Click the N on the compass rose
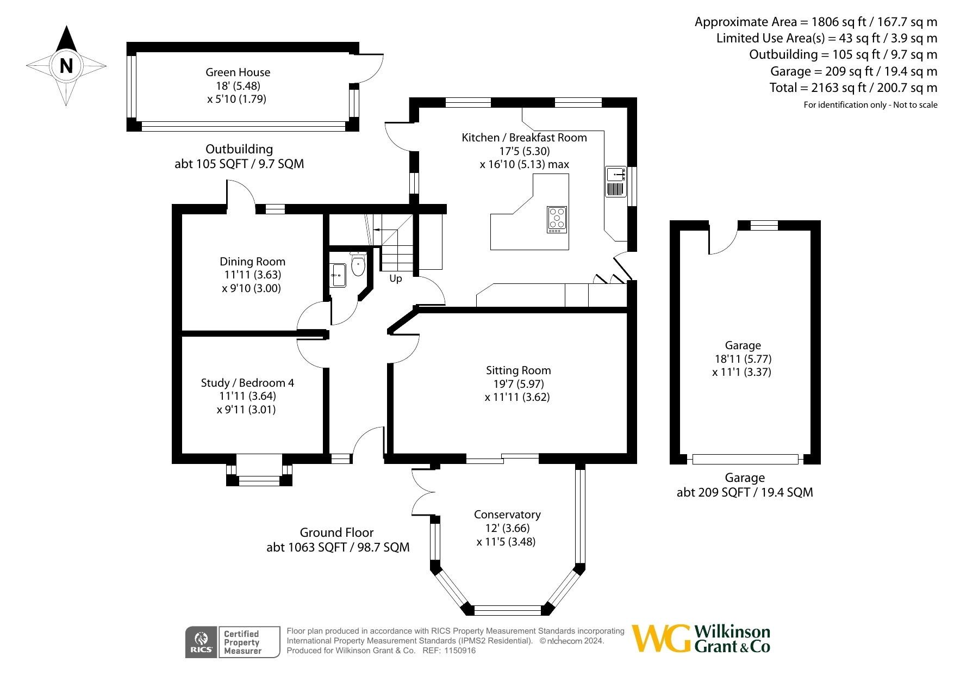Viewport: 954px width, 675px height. (66, 66)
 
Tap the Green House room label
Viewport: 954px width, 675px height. (238, 72)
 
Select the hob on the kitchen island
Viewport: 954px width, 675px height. (557, 220)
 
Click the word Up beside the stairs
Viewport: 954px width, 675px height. (396, 278)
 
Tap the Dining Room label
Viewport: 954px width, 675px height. (252, 262)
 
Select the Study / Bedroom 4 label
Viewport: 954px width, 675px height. (247, 383)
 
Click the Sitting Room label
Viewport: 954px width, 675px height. (518, 370)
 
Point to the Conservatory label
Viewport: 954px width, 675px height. (507, 515)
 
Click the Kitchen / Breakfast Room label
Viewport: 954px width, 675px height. (524, 138)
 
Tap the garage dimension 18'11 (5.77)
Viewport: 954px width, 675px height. (743, 359)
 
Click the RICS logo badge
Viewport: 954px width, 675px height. (201, 642)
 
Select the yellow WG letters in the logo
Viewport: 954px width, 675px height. (662, 639)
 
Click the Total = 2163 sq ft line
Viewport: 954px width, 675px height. (853, 88)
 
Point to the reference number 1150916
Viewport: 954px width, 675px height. (460, 651)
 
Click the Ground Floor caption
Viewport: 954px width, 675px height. (336, 532)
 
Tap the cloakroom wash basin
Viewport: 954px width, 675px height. (338, 275)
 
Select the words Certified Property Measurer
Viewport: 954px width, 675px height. (242, 642)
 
